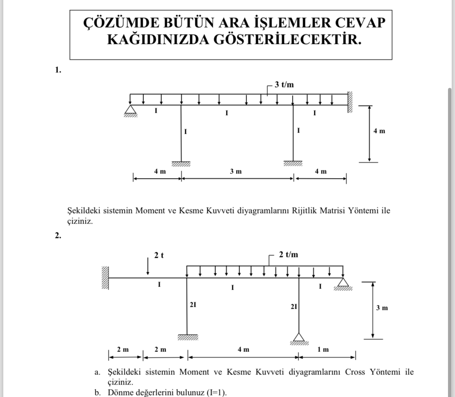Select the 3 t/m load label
[x=284, y=85]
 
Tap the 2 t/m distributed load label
[x=289, y=255]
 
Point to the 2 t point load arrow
[x=148, y=267]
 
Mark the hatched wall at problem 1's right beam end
[x=350, y=102]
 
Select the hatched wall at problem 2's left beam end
[x=105, y=278]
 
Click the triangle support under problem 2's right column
[x=299, y=338]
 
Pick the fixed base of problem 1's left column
[x=181, y=164]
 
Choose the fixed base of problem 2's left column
[x=187, y=337]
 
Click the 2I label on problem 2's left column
[x=193, y=305]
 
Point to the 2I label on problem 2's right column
[x=294, y=307]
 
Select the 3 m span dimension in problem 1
[x=235, y=171]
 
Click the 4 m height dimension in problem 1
[x=379, y=131]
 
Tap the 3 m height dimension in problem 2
[x=381, y=308]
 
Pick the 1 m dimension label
[x=323, y=349]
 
